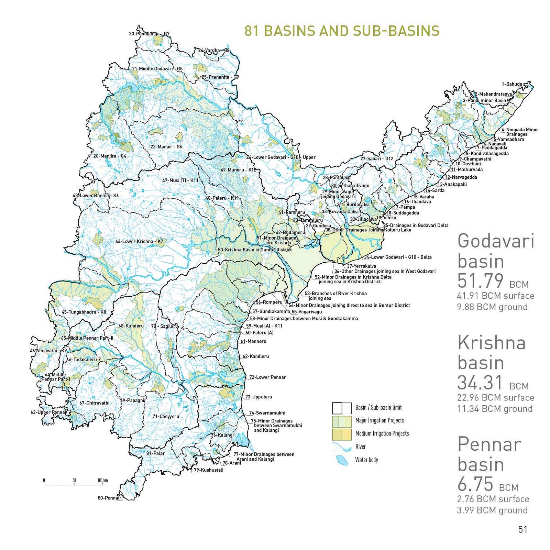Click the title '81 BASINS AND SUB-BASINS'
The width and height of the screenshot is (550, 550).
click(342, 31)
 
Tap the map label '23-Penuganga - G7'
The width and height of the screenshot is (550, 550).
click(149, 34)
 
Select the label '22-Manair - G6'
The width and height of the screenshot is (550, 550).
click(166, 147)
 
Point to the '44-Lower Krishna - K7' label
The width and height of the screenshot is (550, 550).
click(139, 242)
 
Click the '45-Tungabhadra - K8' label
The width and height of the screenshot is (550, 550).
click(84, 312)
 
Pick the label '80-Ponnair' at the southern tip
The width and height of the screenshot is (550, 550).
click(109, 498)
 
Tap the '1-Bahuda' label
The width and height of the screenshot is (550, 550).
click(512, 84)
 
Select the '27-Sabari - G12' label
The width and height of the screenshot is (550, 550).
click(377, 158)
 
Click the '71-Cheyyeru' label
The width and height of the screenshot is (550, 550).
click(166, 416)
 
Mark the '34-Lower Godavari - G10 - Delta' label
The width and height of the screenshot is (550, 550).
click(398, 257)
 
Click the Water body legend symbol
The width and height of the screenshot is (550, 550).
click(342, 460)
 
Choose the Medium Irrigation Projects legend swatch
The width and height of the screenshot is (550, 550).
click(342, 434)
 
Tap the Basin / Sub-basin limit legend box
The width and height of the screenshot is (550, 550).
click(342, 408)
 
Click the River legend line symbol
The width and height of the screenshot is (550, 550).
click(342, 447)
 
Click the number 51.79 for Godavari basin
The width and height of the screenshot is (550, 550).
click(480, 281)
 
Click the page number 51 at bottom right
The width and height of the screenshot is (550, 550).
click(522, 529)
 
